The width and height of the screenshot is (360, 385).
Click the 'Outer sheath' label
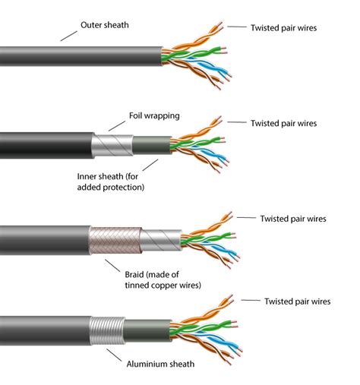(105, 25)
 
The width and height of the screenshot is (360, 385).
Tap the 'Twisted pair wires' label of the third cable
(292, 219)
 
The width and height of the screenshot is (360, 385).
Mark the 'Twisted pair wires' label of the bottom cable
(296, 301)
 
